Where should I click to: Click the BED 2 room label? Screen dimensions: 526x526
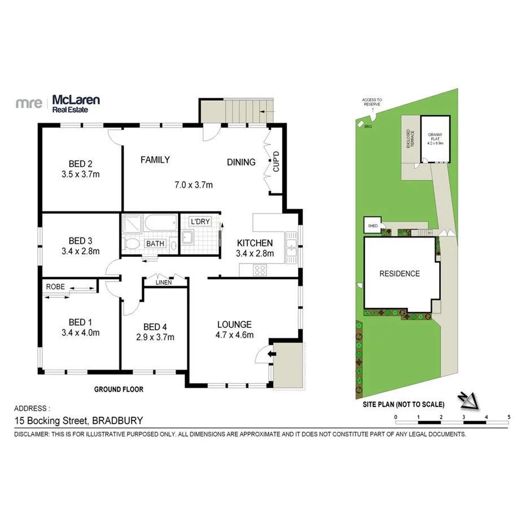tap(80, 164)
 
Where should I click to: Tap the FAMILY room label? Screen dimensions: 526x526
tap(155, 160)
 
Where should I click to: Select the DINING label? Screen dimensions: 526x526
tap(241, 162)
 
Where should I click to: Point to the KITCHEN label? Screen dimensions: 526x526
tap(255, 243)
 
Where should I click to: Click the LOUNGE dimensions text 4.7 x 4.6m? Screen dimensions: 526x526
tap(234, 335)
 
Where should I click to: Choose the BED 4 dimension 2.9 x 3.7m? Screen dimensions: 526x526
tap(155, 337)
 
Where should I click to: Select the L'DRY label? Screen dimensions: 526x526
tap(200, 221)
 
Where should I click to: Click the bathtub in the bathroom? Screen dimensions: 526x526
tap(160, 224)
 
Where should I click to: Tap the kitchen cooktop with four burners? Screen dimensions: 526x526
tap(260, 270)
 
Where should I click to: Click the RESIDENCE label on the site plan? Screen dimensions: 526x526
tap(399, 274)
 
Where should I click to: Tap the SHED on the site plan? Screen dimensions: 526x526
tap(373, 226)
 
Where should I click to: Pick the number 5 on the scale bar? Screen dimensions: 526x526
tap(509, 417)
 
